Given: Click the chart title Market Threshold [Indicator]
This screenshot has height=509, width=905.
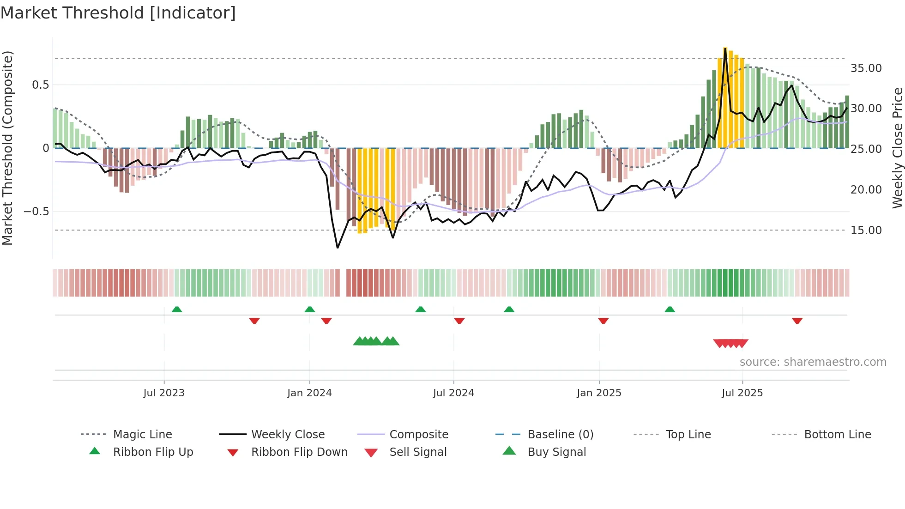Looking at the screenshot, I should (x=118, y=13).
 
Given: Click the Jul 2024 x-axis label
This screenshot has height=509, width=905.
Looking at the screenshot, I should (x=453, y=393).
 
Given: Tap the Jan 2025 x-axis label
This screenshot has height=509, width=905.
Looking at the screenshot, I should (x=599, y=393).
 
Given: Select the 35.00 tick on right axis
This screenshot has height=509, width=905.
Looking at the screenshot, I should (x=866, y=68).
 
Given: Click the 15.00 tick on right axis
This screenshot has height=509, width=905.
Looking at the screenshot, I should (x=866, y=230).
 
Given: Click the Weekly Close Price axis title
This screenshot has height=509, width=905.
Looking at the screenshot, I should (x=897, y=148).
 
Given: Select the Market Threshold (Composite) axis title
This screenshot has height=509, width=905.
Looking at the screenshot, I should (x=7, y=148).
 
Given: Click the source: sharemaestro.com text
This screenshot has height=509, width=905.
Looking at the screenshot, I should (x=813, y=362).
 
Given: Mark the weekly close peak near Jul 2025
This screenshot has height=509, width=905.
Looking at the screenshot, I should (x=725, y=48).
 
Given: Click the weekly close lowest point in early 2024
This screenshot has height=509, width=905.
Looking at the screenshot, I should (x=338, y=248).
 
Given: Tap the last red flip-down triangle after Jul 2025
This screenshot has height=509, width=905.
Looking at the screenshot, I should (x=797, y=321).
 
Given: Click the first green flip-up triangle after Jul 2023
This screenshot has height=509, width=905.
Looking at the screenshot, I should (x=177, y=309).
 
